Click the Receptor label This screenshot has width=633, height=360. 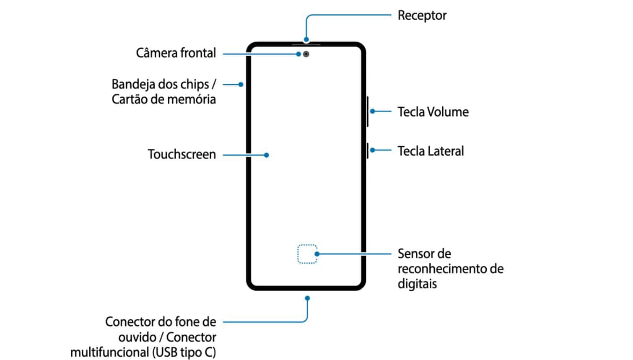pos(422,16)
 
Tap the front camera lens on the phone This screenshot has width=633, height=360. pos(306,54)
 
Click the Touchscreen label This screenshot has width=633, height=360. pos(182,154)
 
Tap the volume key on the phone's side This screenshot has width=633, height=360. pos(367,111)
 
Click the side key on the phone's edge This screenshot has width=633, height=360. pos(367,150)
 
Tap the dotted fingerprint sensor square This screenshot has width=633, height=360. pos(307,254)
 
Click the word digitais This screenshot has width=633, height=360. pos(417,284)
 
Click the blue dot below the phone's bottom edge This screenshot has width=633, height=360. pos(307,298)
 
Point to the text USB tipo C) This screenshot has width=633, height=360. pos(184,352)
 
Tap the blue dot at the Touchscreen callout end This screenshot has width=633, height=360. pos(267,155)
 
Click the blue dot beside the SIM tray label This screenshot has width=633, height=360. pos(241,84)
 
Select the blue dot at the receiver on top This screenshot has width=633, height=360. pos(306,39)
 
